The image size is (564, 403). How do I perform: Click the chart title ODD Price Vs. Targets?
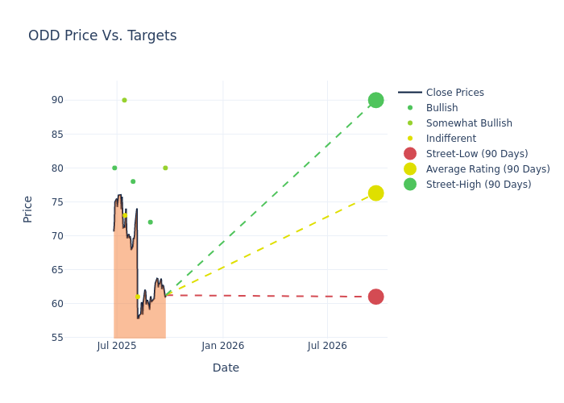tap(102, 35)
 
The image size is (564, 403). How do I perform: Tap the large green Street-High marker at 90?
tap(375, 100)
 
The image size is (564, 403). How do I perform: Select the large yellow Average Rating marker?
tap(375, 193)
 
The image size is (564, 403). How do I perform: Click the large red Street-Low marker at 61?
tap(375, 297)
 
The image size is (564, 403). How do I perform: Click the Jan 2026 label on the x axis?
tap(222, 346)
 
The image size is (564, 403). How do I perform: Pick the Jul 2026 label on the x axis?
tap(327, 346)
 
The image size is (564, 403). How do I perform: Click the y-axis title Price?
tap(28, 209)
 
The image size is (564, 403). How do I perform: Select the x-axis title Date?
tap(226, 368)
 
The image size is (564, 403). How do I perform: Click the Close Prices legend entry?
tap(454, 93)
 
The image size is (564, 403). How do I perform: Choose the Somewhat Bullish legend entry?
tap(469, 123)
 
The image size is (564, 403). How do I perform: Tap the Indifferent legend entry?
tap(450, 139)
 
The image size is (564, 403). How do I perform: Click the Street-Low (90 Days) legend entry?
tap(477, 154)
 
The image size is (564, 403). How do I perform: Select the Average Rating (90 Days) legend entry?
tap(487, 169)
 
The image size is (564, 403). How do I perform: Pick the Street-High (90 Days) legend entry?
tap(479, 185)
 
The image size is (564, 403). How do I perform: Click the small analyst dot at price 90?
tap(124, 100)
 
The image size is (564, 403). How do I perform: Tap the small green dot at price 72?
tap(150, 222)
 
